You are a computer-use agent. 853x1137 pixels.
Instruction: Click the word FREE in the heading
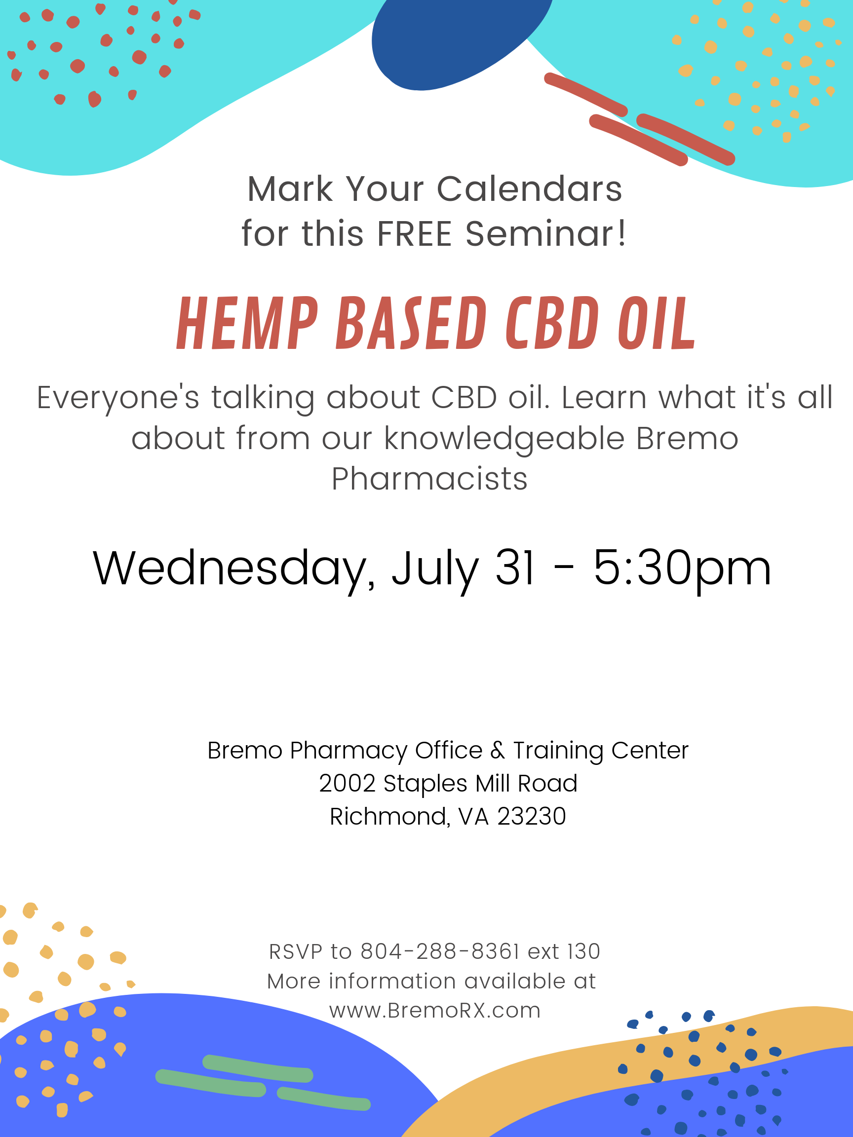[415, 234]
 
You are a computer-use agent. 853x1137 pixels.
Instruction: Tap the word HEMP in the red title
[247, 323]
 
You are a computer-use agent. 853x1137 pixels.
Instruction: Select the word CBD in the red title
[552, 323]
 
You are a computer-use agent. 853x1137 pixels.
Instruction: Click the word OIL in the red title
[657, 323]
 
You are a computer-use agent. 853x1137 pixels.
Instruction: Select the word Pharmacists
[429, 479]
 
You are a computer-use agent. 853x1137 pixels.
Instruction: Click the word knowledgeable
[504, 438]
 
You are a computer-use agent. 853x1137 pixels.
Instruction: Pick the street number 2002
[347, 783]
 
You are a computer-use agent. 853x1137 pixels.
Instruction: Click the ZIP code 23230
[532, 816]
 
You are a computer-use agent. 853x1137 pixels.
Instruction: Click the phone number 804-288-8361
[440, 951]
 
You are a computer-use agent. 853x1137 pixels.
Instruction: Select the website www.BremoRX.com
[434, 1010]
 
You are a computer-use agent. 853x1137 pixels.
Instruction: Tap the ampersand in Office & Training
[498, 751]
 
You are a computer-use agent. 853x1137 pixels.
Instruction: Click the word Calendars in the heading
[530, 189]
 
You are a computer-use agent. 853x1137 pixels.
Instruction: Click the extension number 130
[584, 951]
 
